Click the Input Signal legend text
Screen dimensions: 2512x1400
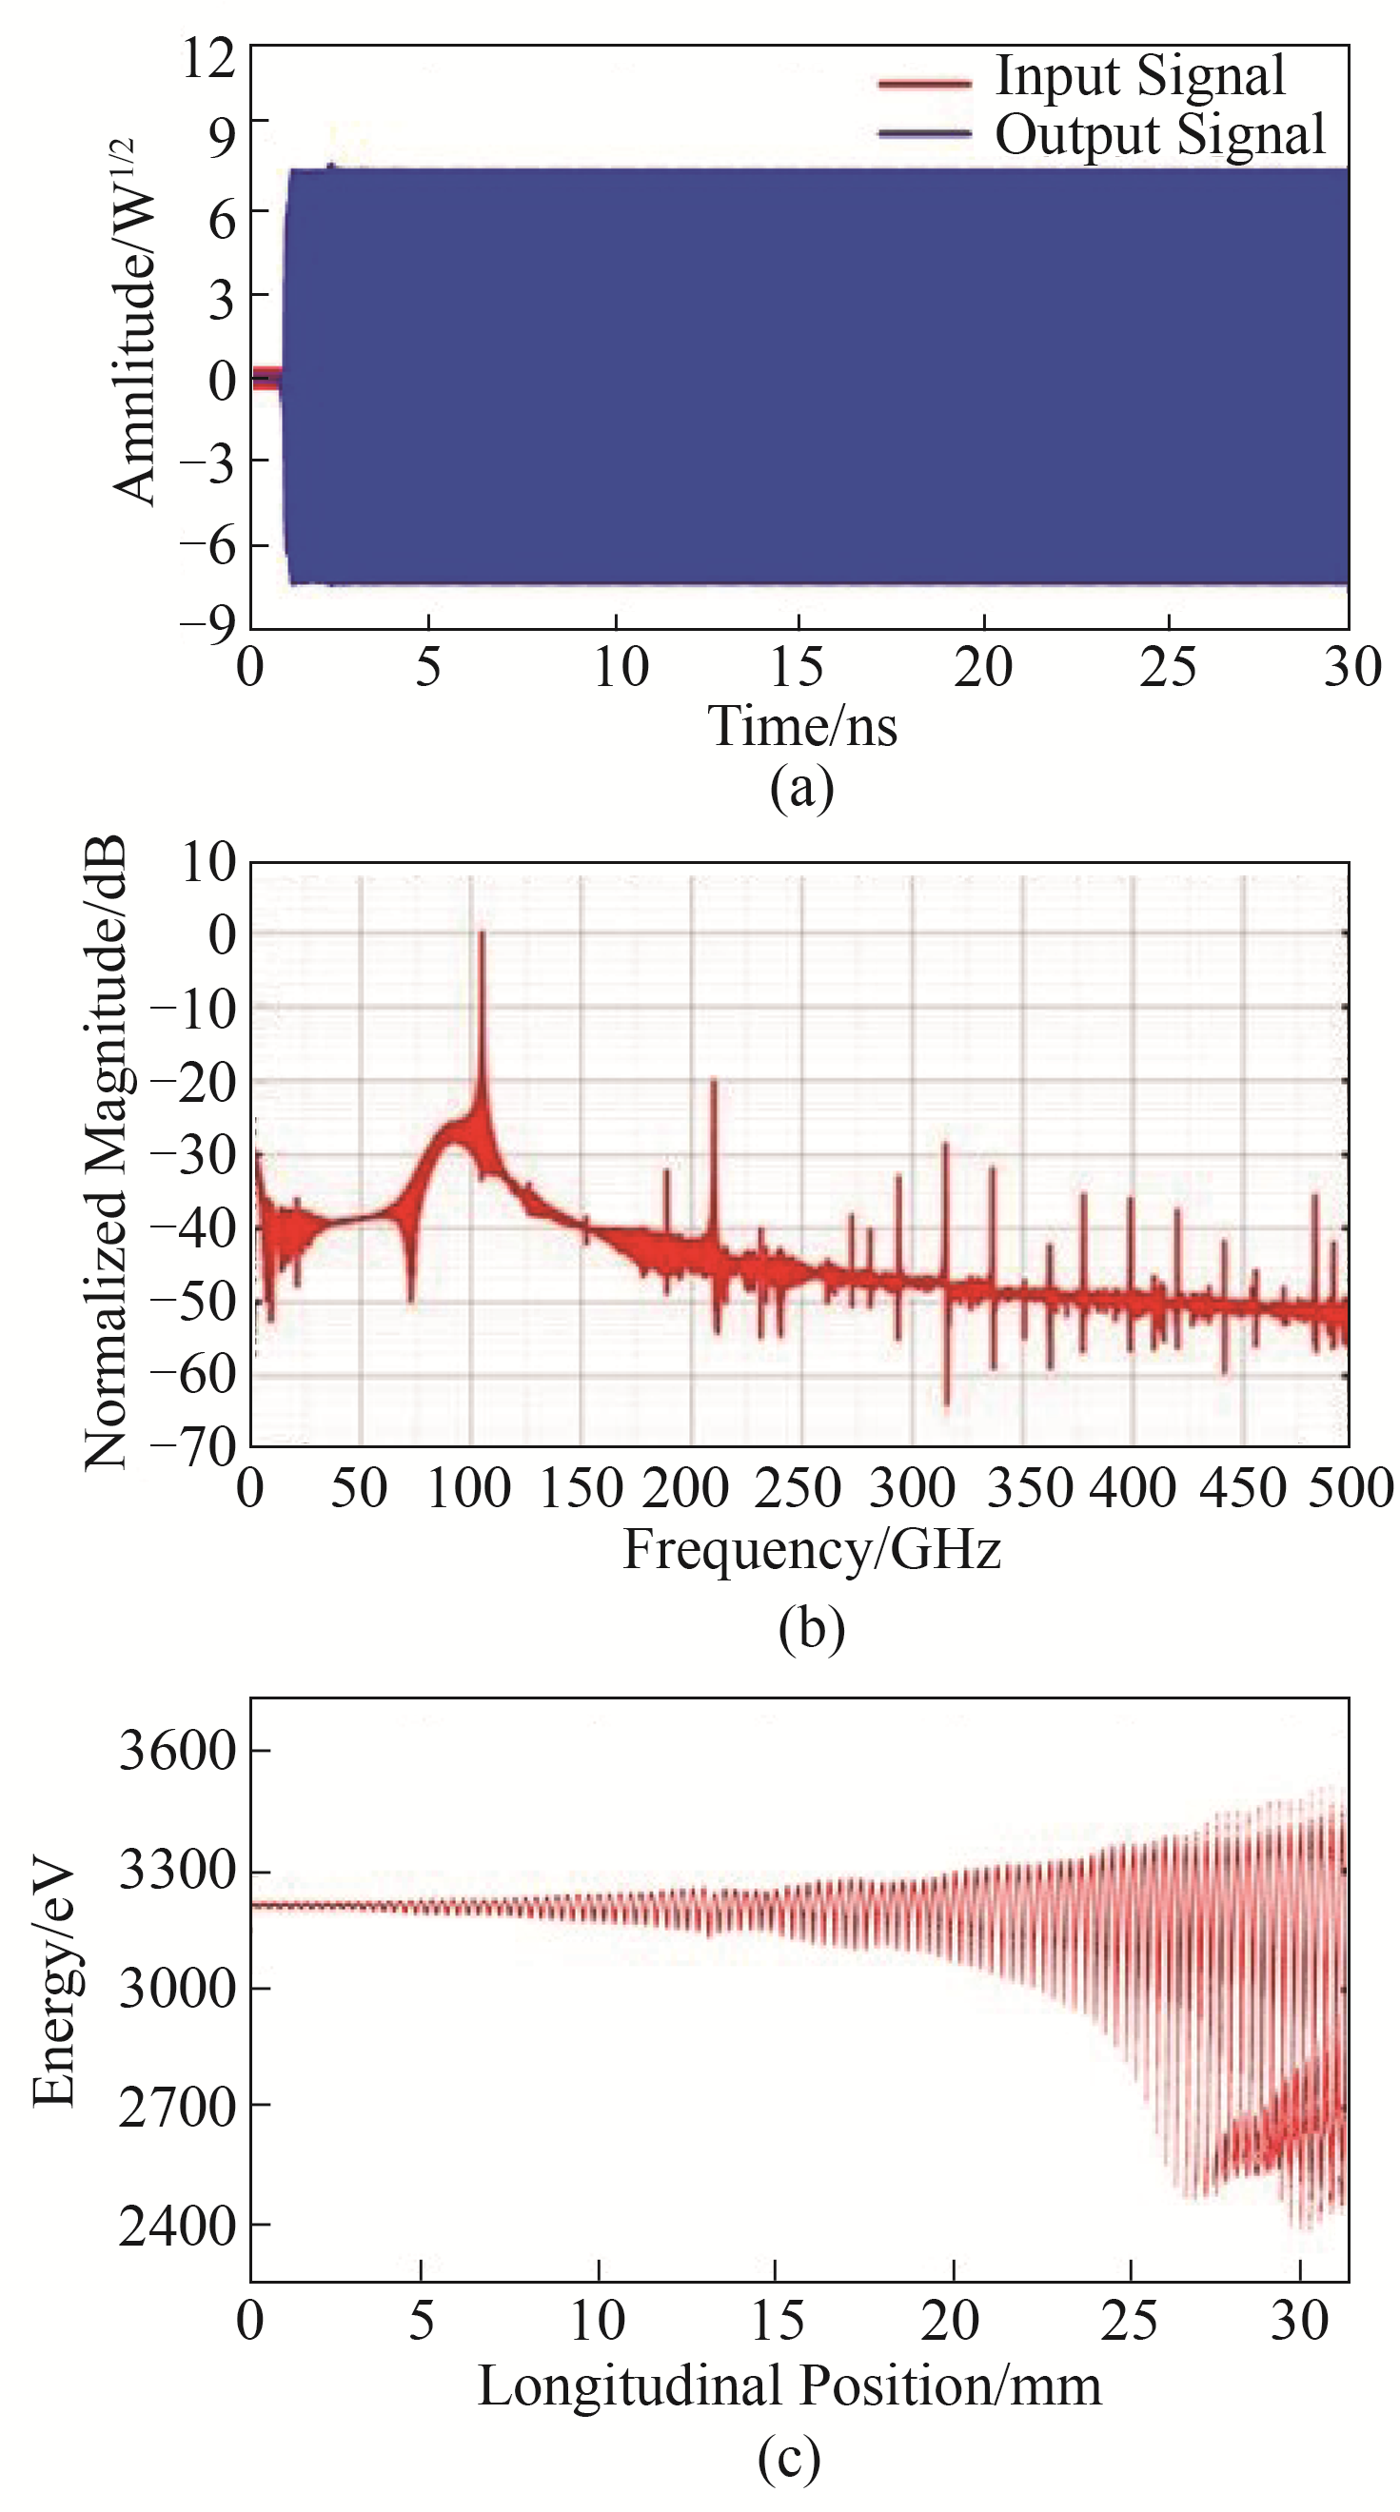pos(1139,76)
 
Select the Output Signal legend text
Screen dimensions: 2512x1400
pos(1159,133)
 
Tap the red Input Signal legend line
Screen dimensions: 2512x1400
pos(924,83)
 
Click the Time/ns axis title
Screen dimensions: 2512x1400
pos(802,727)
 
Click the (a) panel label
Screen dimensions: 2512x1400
pos(802,788)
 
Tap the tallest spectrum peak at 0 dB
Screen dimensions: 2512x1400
pos(481,935)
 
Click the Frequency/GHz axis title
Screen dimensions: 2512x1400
pos(812,1549)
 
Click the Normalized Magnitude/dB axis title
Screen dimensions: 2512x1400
pos(106,1152)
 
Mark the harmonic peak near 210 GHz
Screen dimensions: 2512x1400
pos(713,1081)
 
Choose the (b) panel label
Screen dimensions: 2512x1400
pos(812,1627)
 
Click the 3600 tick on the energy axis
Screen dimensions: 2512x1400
pos(178,1751)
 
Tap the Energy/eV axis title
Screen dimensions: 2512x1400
pos(53,1987)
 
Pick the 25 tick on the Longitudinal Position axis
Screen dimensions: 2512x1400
pos(1130,2321)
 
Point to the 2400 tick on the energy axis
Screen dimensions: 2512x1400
pos(178,2227)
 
